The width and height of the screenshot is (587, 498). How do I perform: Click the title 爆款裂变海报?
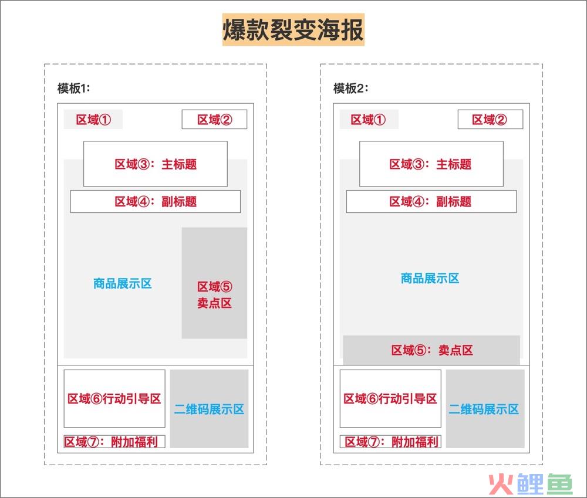(293, 29)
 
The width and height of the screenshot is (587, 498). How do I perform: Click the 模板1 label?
(74, 89)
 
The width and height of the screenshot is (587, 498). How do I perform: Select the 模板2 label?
(351, 89)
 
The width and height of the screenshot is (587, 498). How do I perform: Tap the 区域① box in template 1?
(93, 119)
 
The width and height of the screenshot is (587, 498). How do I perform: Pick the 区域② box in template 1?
(214, 119)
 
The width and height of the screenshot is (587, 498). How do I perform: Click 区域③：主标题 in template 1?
(156, 164)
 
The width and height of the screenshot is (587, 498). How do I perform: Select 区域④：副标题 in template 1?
(156, 202)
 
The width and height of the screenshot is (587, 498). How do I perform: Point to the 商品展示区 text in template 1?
(123, 284)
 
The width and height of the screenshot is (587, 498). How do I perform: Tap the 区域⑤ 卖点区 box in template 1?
(214, 283)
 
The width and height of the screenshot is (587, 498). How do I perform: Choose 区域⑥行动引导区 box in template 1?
(114, 398)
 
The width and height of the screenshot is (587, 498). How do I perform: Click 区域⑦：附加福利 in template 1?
(114, 442)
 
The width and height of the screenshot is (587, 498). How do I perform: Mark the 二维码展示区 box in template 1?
(210, 409)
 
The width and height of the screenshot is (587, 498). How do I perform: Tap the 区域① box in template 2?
(369, 119)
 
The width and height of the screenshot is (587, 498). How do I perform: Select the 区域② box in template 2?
(490, 119)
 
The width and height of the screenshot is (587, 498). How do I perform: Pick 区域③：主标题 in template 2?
(431, 164)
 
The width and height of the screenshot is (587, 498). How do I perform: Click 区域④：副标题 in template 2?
(431, 202)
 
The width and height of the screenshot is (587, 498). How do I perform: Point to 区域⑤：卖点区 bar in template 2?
(431, 350)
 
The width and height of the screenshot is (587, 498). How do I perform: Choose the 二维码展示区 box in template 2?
(485, 409)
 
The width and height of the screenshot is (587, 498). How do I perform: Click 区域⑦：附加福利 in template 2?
(390, 442)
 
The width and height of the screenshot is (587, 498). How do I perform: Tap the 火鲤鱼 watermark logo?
(531, 483)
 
